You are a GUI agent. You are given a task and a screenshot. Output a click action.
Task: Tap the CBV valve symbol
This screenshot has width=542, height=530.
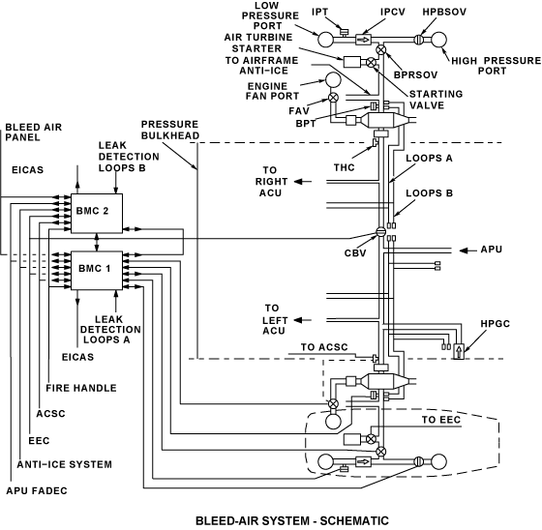(x=380, y=232)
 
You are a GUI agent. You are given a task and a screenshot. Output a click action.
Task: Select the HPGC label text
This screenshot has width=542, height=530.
(x=495, y=324)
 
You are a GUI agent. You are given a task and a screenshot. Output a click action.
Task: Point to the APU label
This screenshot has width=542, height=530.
(x=492, y=250)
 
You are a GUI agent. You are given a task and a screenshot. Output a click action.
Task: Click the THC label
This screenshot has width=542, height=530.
(x=344, y=167)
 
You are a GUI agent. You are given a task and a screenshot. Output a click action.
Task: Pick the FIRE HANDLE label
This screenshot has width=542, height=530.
(x=81, y=388)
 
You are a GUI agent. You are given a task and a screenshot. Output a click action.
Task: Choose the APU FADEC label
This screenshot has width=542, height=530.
(x=37, y=490)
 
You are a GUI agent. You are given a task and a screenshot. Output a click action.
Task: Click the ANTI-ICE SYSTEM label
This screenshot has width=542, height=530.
(x=64, y=464)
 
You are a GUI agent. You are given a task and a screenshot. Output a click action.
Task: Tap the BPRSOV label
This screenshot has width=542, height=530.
(x=415, y=75)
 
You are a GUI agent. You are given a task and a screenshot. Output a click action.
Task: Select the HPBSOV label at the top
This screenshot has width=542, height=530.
(x=444, y=12)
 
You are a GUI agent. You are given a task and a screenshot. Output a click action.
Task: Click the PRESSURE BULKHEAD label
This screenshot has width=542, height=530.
(x=170, y=130)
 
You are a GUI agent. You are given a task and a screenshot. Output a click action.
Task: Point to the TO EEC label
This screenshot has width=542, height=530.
(x=441, y=420)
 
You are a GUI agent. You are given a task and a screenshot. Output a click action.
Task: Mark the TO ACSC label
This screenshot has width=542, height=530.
(x=324, y=347)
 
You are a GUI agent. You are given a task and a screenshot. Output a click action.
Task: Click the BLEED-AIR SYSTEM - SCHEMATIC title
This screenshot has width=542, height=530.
(x=292, y=520)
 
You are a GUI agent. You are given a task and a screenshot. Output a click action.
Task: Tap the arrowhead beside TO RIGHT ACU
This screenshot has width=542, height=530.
(x=298, y=182)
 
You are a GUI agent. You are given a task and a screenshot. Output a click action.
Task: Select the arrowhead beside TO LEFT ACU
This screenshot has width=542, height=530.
(x=298, y=320)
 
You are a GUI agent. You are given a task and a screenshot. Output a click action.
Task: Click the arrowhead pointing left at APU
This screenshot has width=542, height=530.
(x=464, y=250)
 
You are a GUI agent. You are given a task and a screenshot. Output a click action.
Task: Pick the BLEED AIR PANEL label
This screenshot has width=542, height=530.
(x=34, y=132)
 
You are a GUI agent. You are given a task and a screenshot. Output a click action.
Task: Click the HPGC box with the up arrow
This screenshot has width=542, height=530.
(x=459, y=351)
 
